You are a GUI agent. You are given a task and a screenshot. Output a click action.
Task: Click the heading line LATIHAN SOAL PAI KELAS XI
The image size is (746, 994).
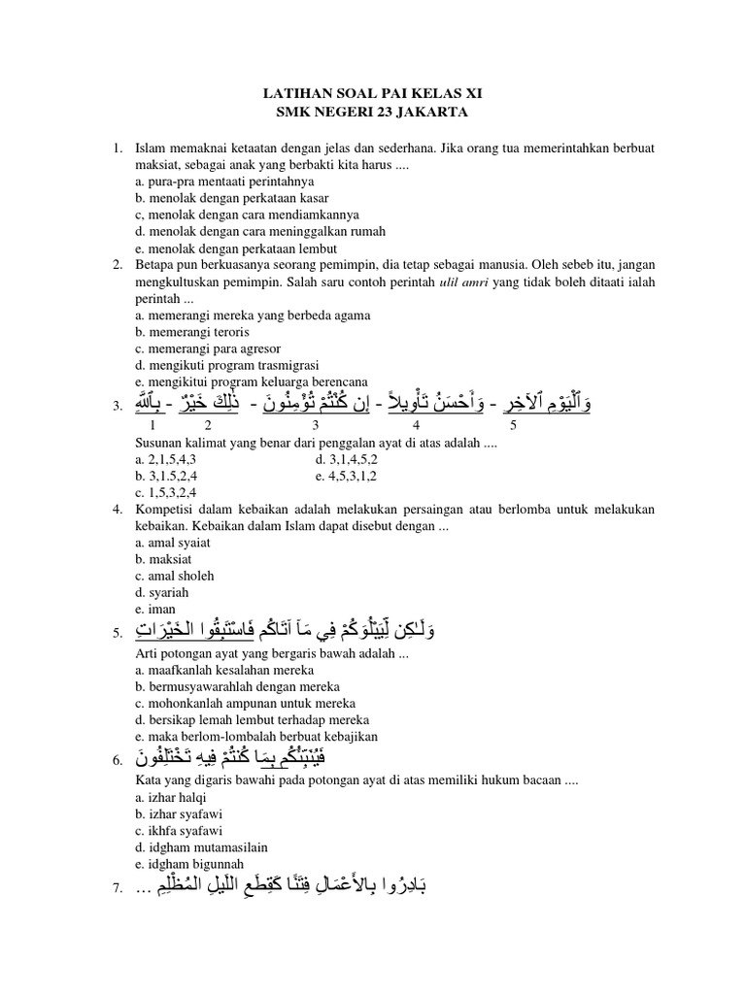tap(372, 94)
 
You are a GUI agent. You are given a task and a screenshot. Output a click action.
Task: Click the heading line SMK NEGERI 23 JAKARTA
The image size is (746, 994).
tap(372, 113)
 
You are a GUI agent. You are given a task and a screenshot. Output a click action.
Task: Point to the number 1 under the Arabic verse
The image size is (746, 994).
tap(151, 424)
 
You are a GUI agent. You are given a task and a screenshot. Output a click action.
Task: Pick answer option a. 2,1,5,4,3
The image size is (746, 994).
tap(171, 458)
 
